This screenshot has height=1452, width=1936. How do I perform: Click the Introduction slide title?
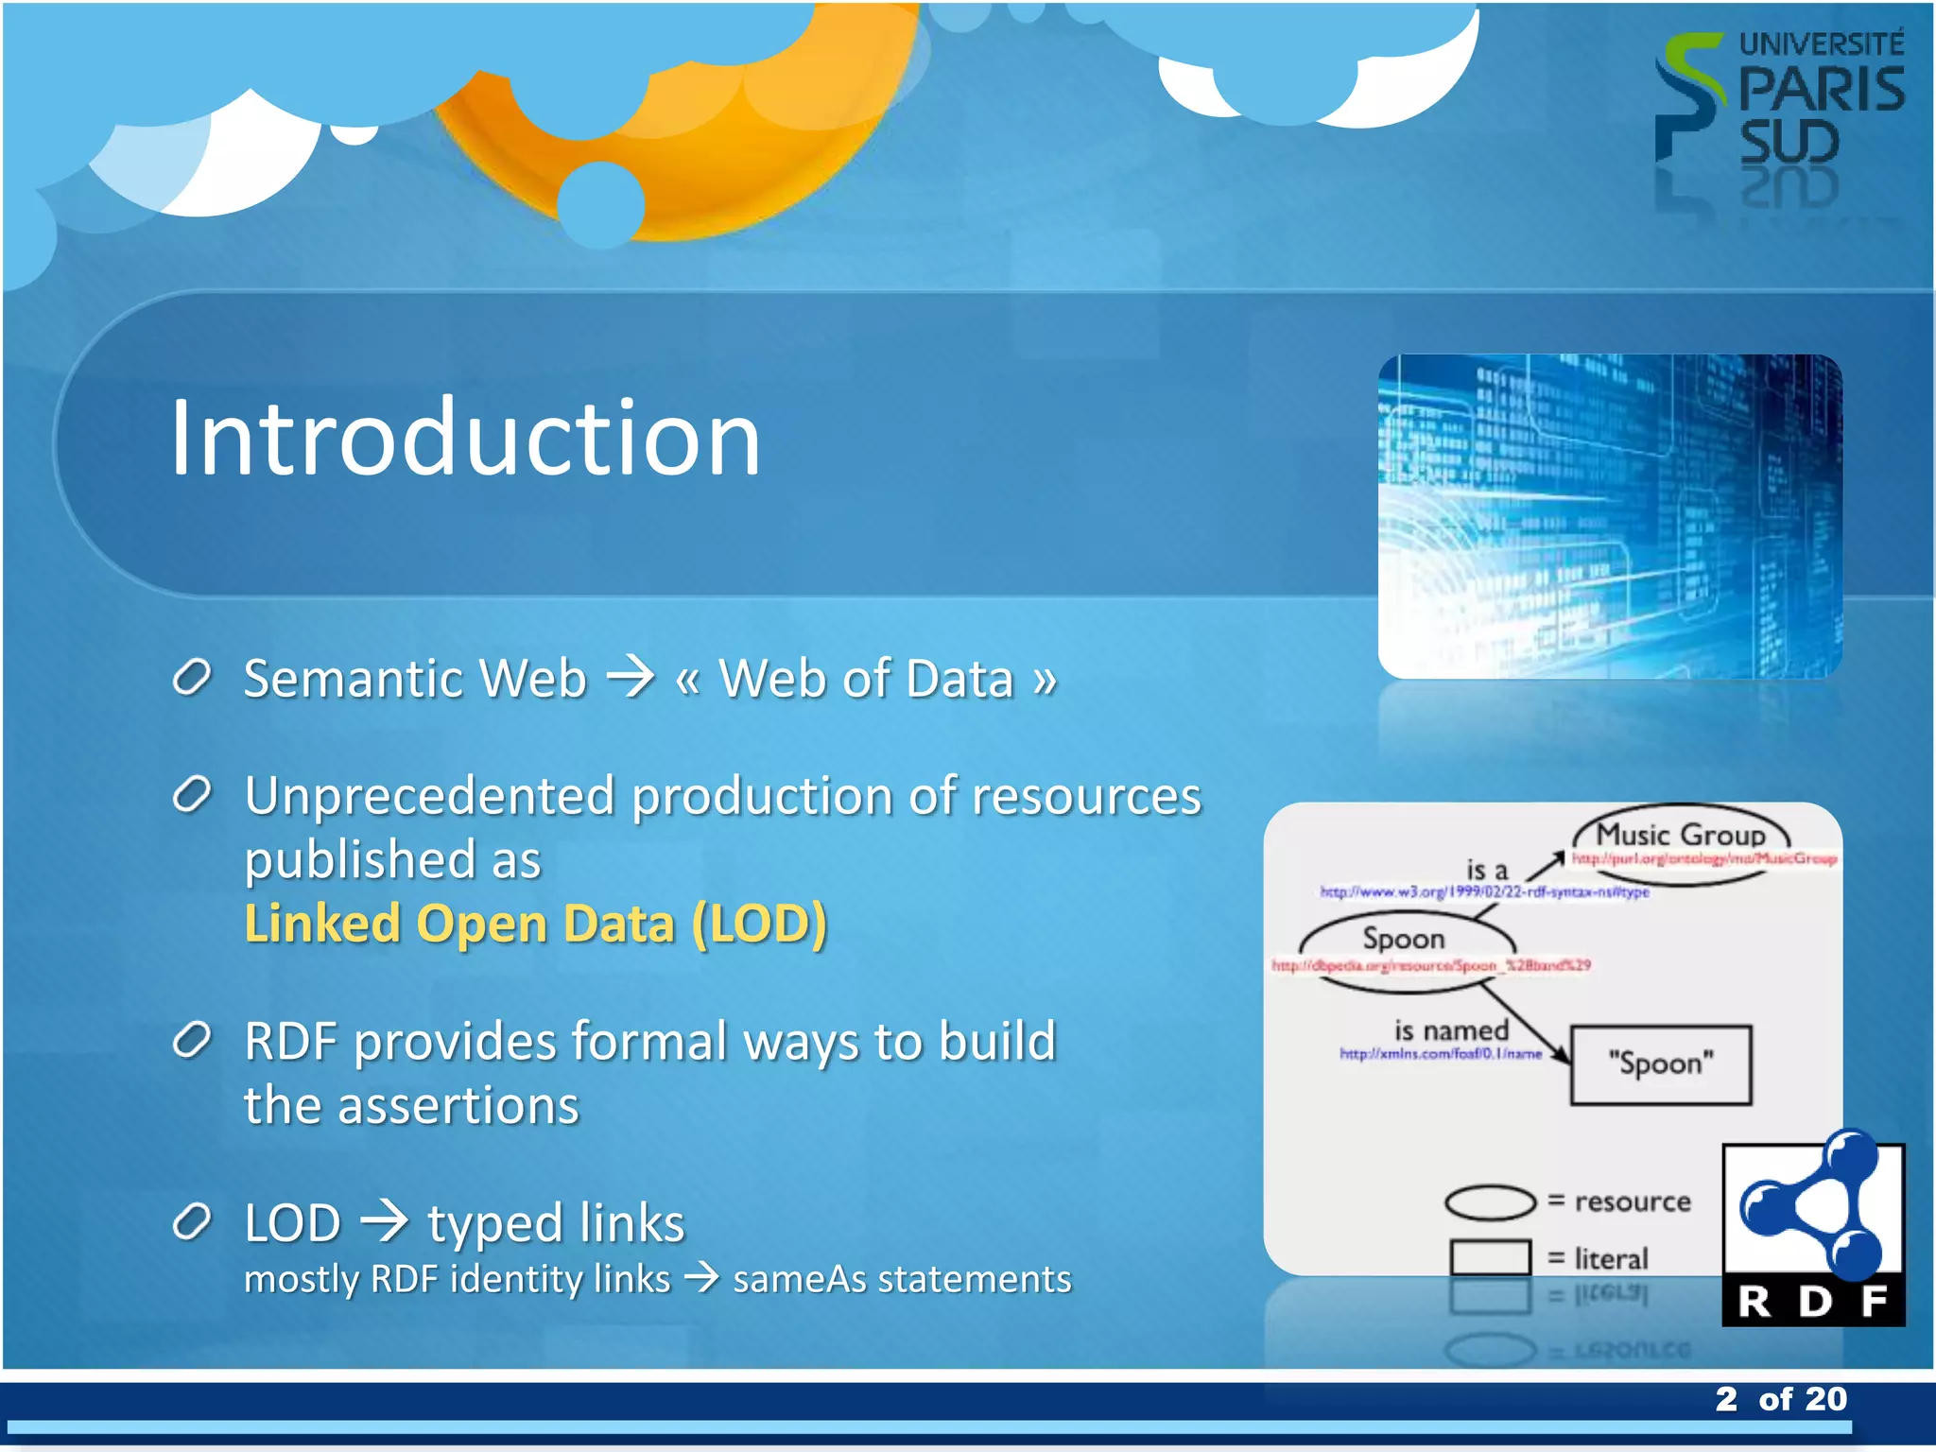[465, 439]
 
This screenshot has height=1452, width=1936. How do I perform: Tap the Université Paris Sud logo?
[1777, 104]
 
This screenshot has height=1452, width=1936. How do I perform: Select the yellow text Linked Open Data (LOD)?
[535, 924]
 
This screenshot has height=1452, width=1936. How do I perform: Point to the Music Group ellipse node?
[1681, 836]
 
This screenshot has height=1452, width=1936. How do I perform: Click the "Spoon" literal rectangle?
[1660, 1064]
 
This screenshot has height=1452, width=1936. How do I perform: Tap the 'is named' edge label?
[1451, 1030]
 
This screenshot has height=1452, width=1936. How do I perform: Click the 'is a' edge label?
[1486, 870]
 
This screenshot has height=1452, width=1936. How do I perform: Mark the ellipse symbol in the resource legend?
[1490, 1202]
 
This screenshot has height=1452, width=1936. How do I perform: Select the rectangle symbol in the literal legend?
[1490, 1258]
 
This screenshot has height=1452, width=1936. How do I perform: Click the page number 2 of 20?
[1781, 1399]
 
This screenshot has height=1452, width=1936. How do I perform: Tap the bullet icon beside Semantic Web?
[192, 678]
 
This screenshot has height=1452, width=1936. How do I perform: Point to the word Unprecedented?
[429, 796]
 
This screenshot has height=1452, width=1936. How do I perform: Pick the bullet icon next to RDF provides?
[192, 1041]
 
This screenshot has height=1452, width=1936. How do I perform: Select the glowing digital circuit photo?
[1609, 516]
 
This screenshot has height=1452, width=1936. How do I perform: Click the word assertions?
[458, 1105]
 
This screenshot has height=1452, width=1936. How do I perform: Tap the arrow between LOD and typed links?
[385, 1222]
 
